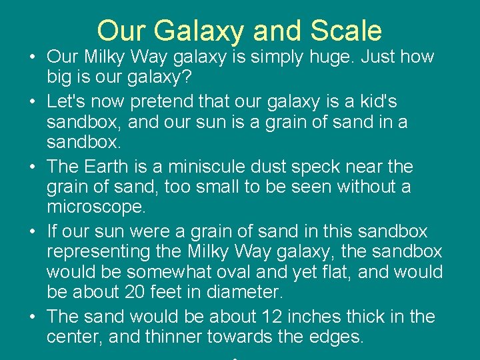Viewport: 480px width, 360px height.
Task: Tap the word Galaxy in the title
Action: [200, 31]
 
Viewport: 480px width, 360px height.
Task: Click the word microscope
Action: [95, 207]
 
